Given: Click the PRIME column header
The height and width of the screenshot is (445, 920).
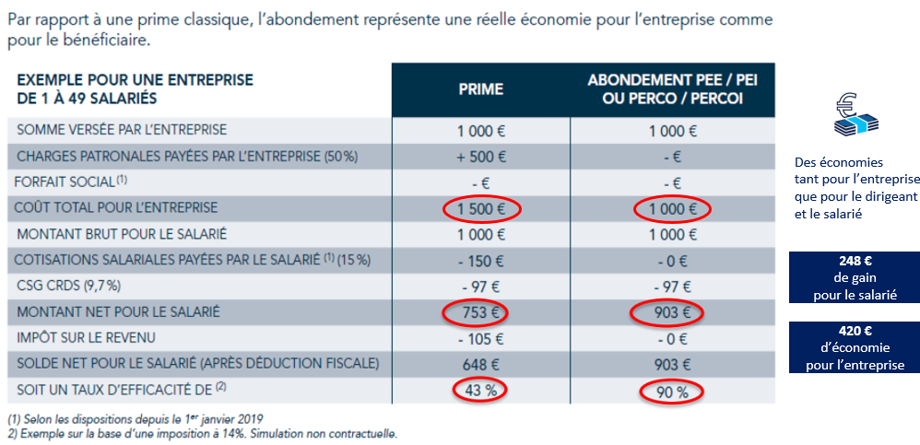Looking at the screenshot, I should pyautogui.click(x=481, y=89).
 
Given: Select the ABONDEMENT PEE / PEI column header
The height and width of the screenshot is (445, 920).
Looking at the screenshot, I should pyautogui.click(x=673, y=89).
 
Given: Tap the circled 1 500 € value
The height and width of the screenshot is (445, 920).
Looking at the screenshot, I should pyautogui.click(x=481, y=209).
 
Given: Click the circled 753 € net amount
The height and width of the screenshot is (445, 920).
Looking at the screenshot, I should pyautogui.click(x=481, y=313).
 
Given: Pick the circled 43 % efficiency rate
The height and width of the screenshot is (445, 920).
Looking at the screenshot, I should pyautogui.click(x=481, y=391).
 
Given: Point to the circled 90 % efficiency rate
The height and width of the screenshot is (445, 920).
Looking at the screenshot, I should pyautogui.click(x=673, y=391).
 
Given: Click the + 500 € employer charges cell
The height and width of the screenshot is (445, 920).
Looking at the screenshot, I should pyautogui.click(x=481, y=157).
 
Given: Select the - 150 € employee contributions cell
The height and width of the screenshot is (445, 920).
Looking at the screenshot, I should pyautogui.click(x=481, y=261).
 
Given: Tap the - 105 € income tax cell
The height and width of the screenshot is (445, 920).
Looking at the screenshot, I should pyautogui.click(x=481, y=339).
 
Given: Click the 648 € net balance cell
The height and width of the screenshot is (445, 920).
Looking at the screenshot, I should pyautogui.click(x=481, y=365).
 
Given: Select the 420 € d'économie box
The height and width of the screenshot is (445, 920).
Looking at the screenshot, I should pyautogui.click(x=855, y=347).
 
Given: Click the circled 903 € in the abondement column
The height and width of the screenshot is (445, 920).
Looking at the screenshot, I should pyautogui.click(x=673, y=313).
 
